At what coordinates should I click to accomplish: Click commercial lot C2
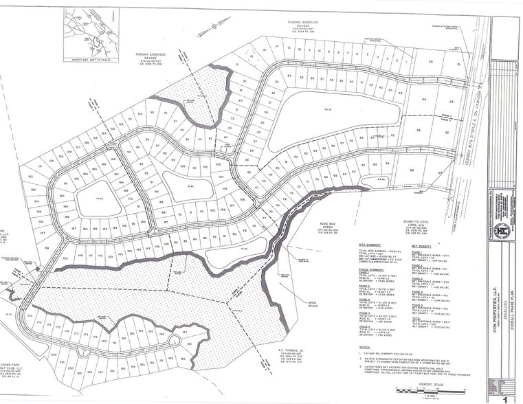(432, 63)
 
